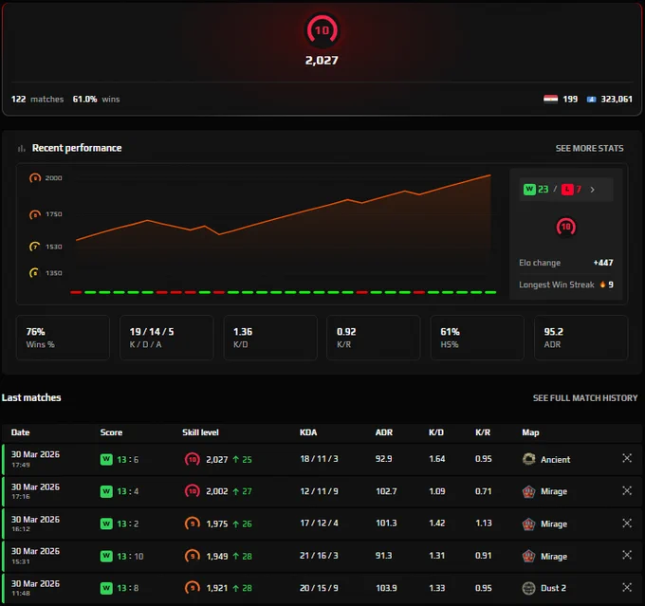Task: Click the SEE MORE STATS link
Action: coord(589,148)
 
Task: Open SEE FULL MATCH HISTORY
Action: coord(585,397)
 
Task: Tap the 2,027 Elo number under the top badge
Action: coord(322,61)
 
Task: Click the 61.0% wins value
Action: coord(84,100)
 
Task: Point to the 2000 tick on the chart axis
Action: coord(53,177)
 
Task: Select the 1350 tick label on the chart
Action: coord(53,273)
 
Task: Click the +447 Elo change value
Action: coord(603,263)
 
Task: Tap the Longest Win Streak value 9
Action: coord(611,285)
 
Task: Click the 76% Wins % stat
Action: coord(35,332)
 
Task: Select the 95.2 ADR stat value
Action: coord(553,332)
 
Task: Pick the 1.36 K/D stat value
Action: coord(243,332)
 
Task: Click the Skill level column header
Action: coord(200,432)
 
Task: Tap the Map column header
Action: coord(530,432)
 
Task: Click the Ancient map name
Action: coord(555,460)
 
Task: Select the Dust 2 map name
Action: coord(553,588)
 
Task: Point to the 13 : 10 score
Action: coord(130,557)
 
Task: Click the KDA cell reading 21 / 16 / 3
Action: coord(319,556)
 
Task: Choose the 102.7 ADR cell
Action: coord(386,491)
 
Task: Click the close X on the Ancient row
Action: coord(627,458)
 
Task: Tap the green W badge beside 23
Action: coord(529,190)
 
